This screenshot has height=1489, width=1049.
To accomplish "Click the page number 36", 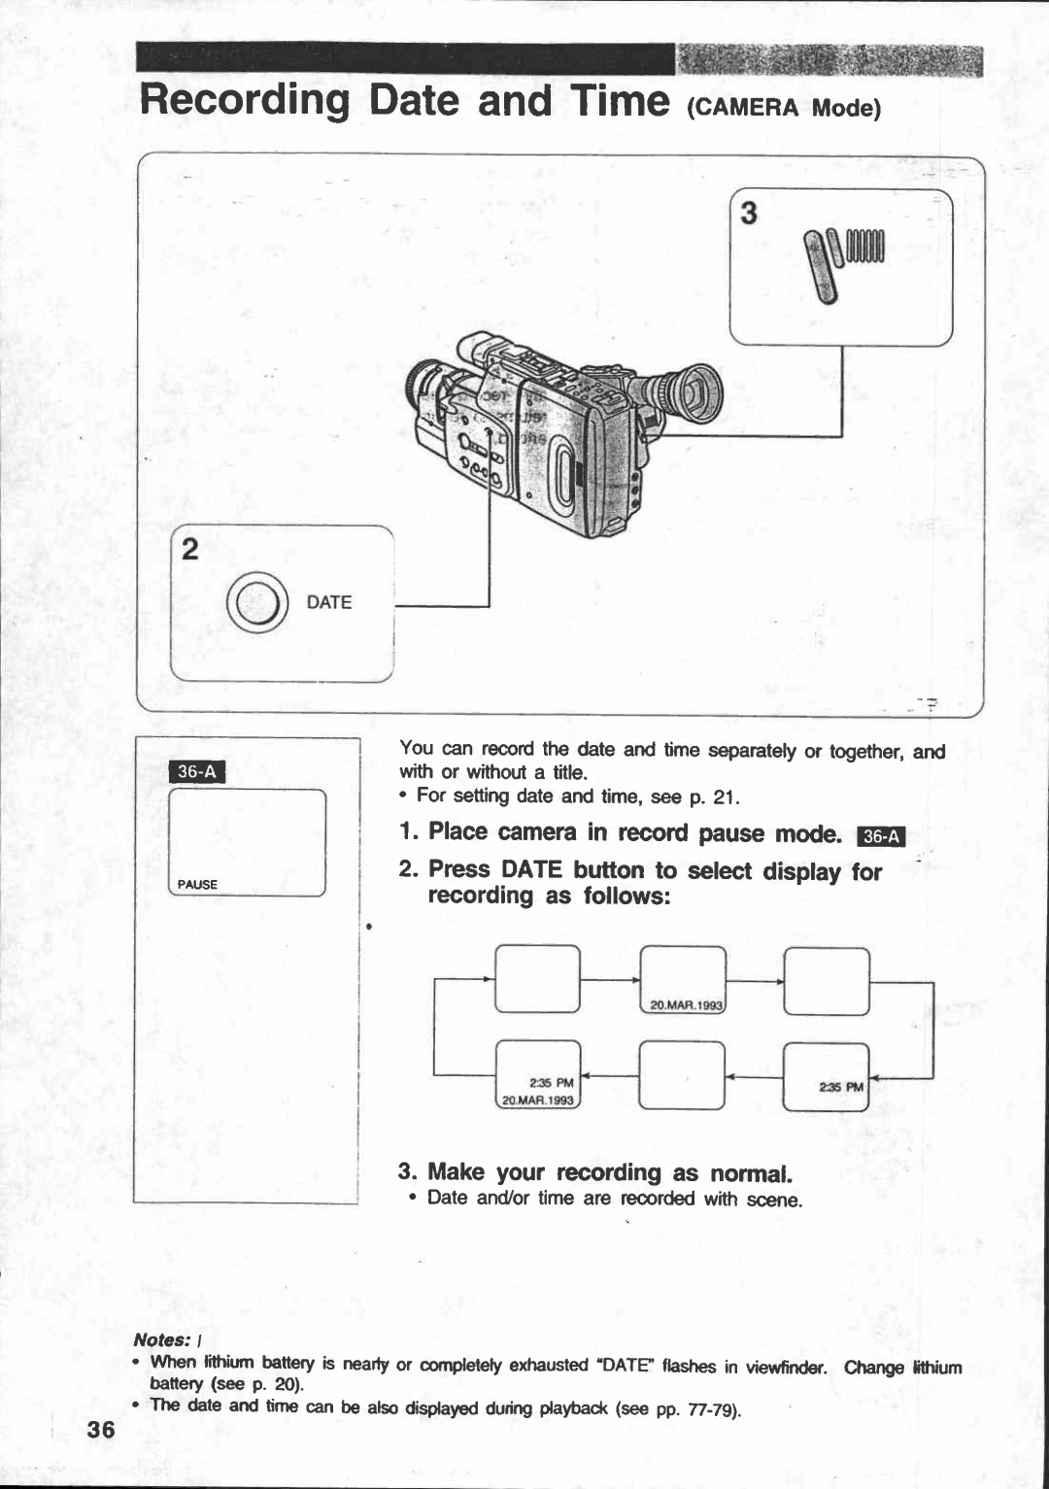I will pos(100,1429).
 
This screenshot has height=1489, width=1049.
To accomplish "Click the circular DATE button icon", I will pos(257,602).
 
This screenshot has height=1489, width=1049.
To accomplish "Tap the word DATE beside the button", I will pos(328,602).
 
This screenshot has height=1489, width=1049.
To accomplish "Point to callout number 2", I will pos(190,550).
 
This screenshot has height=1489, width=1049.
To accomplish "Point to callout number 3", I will pos(748,213).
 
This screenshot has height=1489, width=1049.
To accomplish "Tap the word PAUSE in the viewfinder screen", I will pos(197,885).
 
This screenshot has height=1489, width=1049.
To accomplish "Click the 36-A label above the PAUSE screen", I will pos(197,771).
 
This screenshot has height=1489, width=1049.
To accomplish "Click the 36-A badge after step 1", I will pos(883,836).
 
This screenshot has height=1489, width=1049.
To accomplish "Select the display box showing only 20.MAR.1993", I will pos(683,981).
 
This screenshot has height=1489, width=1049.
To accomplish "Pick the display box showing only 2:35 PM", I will pos(826,1075).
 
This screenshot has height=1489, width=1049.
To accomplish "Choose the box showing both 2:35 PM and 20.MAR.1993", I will pos(538,1075).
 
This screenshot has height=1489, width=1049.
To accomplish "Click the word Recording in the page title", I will pos(245,100).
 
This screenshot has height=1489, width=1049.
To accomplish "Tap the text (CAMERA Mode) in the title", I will pos(783,108).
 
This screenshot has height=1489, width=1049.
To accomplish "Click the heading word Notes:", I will pos(161,1340).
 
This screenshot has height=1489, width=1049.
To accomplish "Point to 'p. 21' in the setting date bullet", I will pos(714,797).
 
